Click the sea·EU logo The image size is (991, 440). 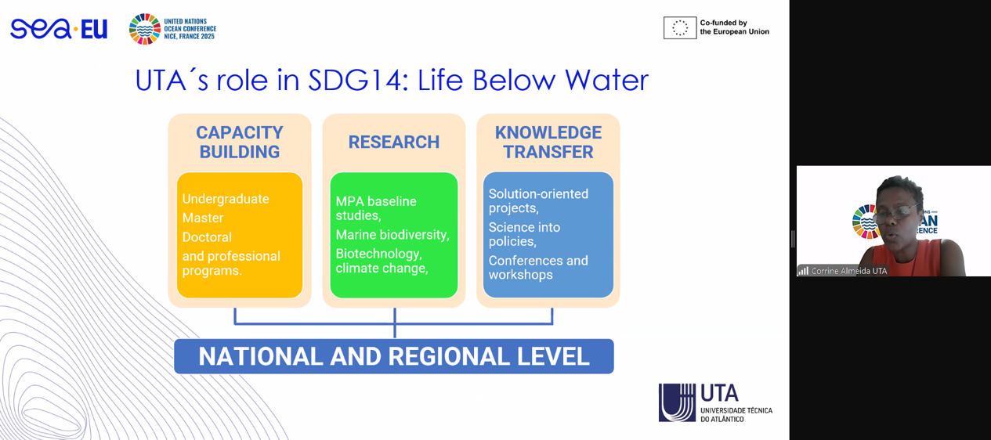point(59,29)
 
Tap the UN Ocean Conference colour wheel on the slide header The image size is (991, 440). point(145,29)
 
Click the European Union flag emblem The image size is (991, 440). point(680,28)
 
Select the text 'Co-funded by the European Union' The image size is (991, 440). point(734,27)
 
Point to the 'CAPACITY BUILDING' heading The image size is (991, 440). point(240,142)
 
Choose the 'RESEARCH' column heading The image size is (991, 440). point(394,142)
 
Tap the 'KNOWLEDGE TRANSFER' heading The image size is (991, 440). point(548,142)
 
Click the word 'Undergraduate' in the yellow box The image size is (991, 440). point(226,199)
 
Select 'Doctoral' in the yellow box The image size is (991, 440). point(207,237)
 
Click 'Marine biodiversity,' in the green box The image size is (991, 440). point(392,235)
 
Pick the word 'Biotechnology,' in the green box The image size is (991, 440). point(378,254)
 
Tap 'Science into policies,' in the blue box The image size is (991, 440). point(524,234)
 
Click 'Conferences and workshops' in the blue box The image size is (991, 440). point(538,268)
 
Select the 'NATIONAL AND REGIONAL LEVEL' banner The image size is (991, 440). point(394,356)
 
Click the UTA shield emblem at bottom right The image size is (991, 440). point(677,402)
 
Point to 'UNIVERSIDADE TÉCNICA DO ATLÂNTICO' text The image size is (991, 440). point(736,415)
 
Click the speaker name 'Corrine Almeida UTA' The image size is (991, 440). point(849,271)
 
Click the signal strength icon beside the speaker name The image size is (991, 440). point(803,271)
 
